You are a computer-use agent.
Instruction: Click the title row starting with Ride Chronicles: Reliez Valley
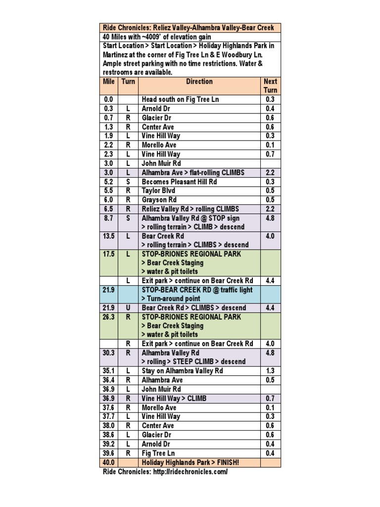point(190,27)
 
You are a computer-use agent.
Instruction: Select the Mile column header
point(109,82)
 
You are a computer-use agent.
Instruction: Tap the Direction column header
point(199,82)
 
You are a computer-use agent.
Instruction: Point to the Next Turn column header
point(270,86)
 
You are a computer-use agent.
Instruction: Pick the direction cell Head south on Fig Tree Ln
point(180,100)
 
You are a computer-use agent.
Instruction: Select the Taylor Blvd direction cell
point(158,191)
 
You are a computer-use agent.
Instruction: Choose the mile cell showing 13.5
point(109,236)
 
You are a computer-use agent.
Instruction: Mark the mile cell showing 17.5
point(109,254)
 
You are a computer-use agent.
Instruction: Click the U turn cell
point(128,308)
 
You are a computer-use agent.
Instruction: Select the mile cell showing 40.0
point(109,462)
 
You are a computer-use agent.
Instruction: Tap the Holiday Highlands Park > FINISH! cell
point(190,462)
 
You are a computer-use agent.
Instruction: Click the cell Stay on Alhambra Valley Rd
point(182,371)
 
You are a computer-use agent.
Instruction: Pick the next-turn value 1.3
point(270,371)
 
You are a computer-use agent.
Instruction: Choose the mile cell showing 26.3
point(109,317)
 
